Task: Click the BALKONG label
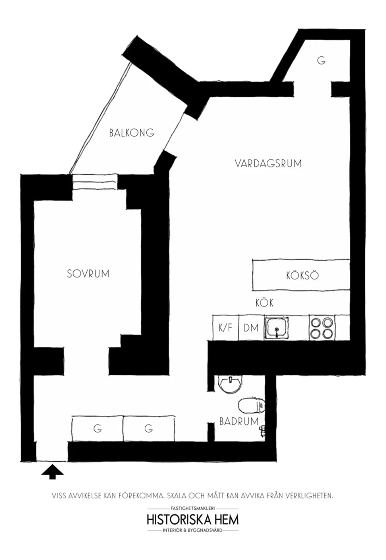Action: click(132, 133)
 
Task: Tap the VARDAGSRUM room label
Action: click(268, 163)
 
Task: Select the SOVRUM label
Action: click(88, 274)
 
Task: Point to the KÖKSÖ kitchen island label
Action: click(302, 276)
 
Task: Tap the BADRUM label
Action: click(239, 422)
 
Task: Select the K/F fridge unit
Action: click(225, 327)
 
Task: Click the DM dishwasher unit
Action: click(251, 327)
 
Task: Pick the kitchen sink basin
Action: click(277, 328)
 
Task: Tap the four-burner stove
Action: click(322, 328)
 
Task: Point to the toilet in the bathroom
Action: click(251, 405)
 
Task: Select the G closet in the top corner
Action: click(322, 60)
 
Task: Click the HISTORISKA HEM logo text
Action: click(193, 519)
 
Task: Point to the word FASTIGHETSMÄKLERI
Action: click(193, 508)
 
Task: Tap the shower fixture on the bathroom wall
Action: click(262, 431)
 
